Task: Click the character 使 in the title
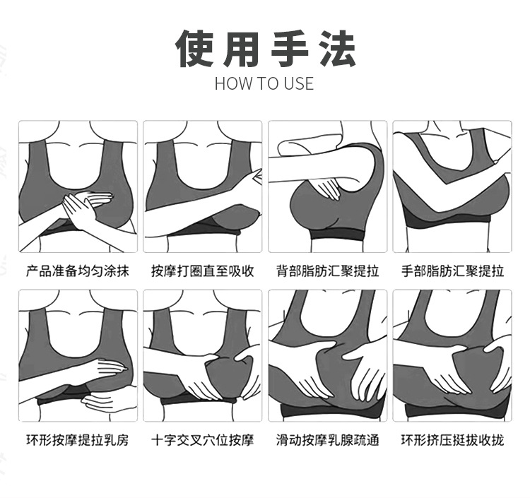(194, 48)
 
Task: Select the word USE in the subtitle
(299, 83)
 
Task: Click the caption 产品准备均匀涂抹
(78, 271)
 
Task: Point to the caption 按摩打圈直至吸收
(203, 271)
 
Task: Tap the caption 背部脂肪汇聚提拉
(327, 271)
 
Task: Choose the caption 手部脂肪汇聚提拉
(452, 271)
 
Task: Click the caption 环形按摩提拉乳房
(78, 440)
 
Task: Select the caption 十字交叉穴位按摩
(203, 440)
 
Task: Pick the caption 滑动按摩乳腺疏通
(327, 440)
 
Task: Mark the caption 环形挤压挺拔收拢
(452, 440)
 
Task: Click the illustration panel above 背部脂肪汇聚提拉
(327, 186)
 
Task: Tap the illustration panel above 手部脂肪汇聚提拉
(452, 186)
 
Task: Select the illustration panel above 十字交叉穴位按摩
(203, 355)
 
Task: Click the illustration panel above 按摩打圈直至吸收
(203, 186)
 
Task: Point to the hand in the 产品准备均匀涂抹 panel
(87, 206)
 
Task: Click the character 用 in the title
(242, 48)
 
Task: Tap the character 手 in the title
(290, 48)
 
